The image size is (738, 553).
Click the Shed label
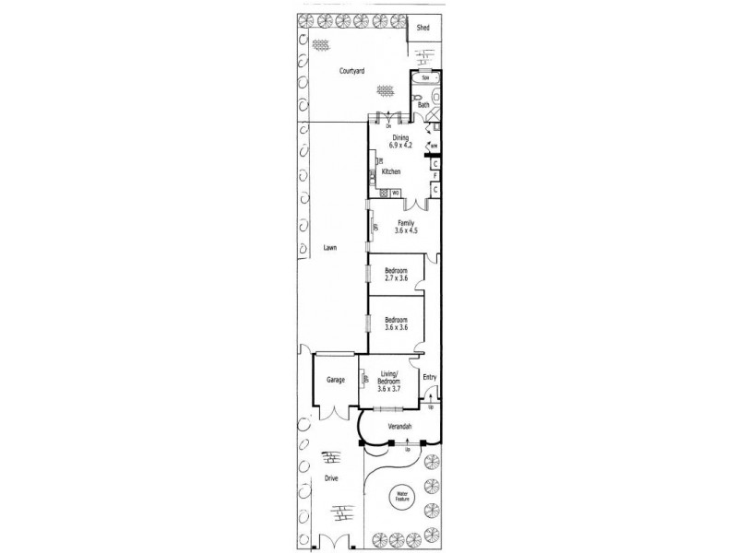click(x=423, y=29)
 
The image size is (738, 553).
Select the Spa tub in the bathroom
click(x=425, y=78)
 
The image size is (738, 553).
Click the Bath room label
click(x=423, y=105)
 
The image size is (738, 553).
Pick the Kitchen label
click(x=391, y=172)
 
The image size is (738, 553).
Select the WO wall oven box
click(x=396, y=193)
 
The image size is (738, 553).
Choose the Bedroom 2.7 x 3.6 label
click(x=396, y=274)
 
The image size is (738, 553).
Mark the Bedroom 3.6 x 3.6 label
click(x=396, y=324)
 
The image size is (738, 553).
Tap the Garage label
click(x=334, y=380)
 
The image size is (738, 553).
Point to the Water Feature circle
click(x=402, y=498)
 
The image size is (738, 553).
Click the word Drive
click(x=330, y=478)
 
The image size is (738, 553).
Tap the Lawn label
click(x=330, y=248)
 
